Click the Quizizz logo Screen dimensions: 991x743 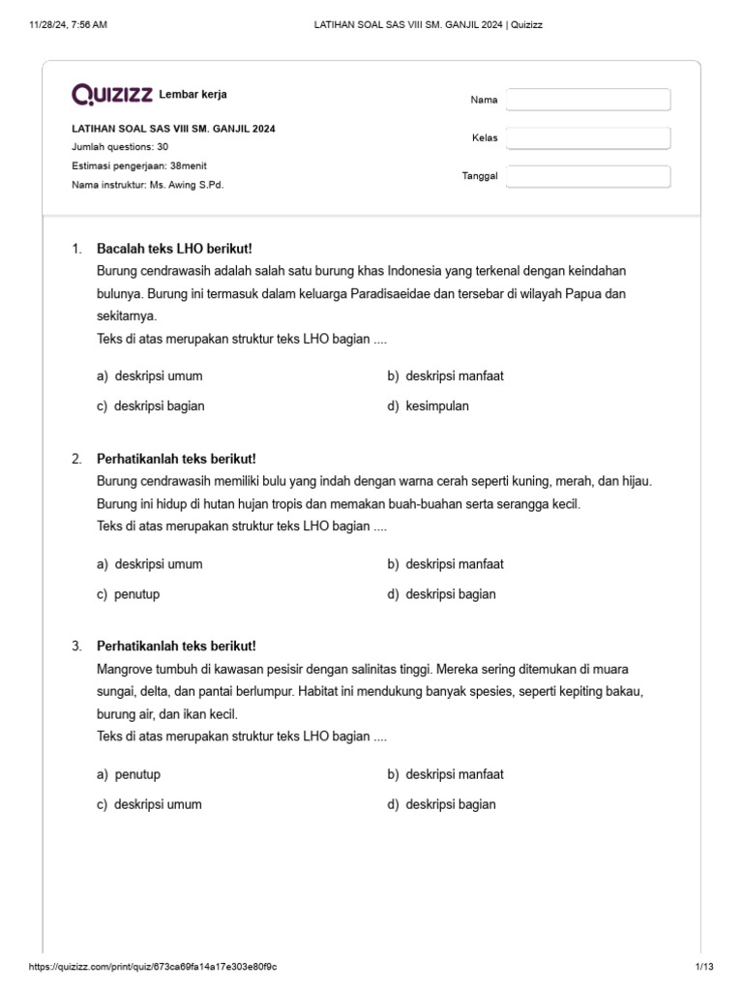click(112, 94)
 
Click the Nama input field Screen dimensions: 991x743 click(588, 100)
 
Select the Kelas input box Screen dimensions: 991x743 click(588, 138)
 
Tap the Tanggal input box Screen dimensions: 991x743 click(588, 176)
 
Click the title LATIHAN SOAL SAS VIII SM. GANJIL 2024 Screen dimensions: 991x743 click(179, 129)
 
